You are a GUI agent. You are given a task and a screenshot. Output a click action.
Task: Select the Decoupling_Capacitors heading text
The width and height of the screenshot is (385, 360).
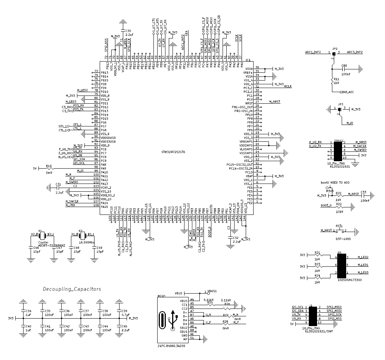tap(72, 289)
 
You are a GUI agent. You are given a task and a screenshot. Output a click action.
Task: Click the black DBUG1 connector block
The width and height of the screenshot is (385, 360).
tap(338, 151)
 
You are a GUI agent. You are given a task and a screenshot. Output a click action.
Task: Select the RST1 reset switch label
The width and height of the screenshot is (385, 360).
tap(339, 226)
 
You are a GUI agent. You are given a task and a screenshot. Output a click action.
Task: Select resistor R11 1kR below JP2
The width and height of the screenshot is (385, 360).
tap(332, 81)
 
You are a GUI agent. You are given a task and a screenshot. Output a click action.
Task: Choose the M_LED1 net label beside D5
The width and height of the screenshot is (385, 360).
tap(363, 265)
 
